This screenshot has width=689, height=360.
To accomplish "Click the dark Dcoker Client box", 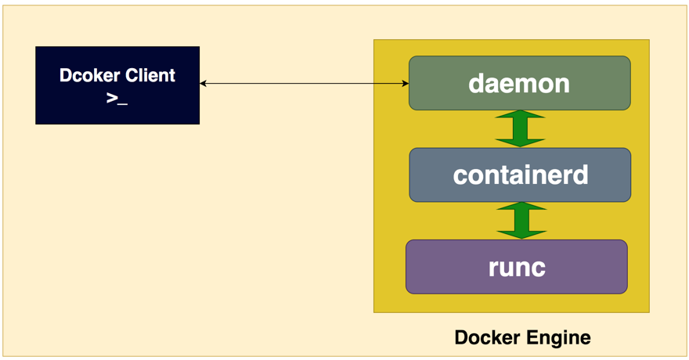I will tap(117, 85).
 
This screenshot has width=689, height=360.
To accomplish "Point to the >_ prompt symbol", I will tap(117, 99).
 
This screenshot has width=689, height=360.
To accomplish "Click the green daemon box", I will tap(519, 83).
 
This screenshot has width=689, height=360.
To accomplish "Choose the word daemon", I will tap(519, 83).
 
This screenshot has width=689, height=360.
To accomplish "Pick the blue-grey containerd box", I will tap(519, 175).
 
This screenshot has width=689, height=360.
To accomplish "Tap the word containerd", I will tap(520, 175).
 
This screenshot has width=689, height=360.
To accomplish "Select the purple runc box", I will tap(516, 267).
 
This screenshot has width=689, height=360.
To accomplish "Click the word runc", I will tap(516, 267).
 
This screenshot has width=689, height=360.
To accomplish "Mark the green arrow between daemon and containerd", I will tap(520, 128).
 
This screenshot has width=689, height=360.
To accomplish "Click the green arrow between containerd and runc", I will tap(520, 220).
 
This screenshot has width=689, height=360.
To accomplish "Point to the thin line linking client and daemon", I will tap(305, 83).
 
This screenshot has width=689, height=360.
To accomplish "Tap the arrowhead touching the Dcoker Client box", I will tap(204, 83).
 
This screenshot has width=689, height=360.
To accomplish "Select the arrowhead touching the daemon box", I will tap(405, 83).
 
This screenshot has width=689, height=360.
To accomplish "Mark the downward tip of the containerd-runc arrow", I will tap(520, 236).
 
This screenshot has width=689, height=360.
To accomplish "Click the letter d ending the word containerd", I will tap(580, 175).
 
